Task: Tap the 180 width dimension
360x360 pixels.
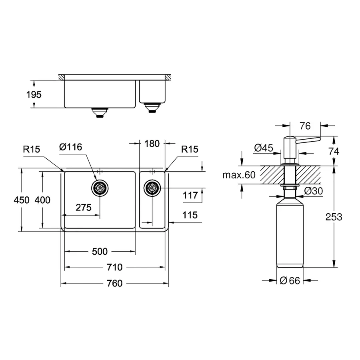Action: pyautogui.click(x=152, y=143)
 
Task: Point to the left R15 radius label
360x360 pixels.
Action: pyautogui.click(x=31, y=150)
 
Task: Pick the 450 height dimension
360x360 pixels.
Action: pyautogui.click(x=22, y=200)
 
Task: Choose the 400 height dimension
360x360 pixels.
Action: pyautogui.click(x=42, y=200)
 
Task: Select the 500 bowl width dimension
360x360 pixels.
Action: pyautogui.click(x=100, y=251)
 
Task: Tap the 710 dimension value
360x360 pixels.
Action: pyautogui.click(x=114, y=267)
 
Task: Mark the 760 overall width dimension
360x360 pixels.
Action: pyautogui.click(x=114, y=283)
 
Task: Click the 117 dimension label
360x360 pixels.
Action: pyautogui.click(x=190, y=196)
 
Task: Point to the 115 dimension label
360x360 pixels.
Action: pyautogui.click(x=190, y=215)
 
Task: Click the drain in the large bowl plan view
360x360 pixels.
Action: pyautogui.click(x=99, y=187)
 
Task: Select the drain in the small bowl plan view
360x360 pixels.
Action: pyautogui.click(x=152, y=187)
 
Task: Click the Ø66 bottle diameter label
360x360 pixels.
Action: pyautogui.click(x=290, y=281)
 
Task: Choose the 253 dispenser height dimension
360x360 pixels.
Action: pyautogui.click(x=334, y=217)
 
